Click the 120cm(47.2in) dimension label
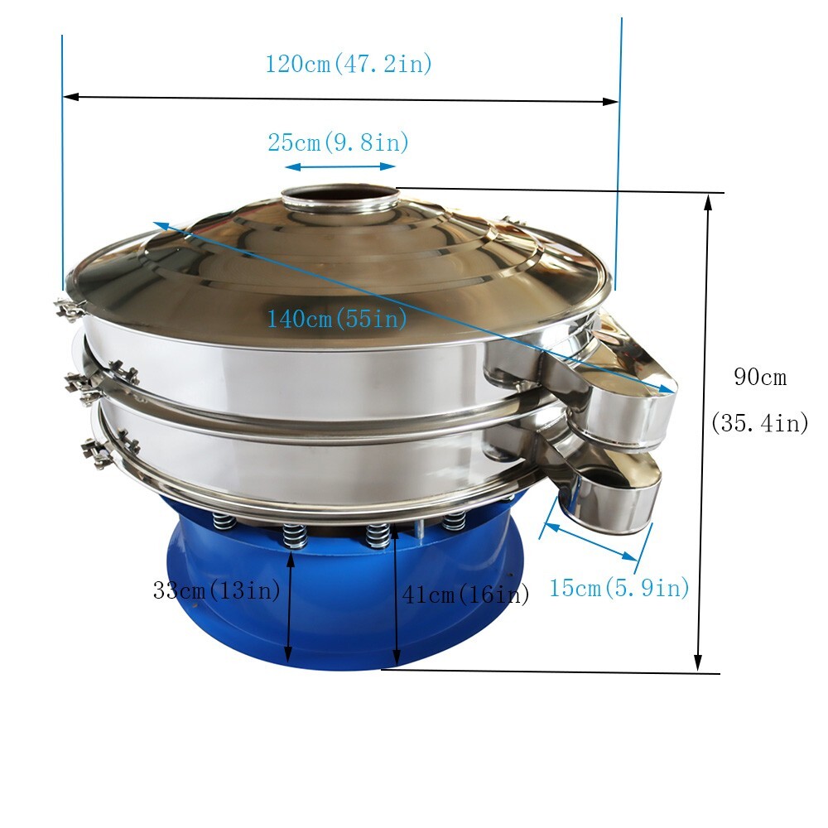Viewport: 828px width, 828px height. [349, 64]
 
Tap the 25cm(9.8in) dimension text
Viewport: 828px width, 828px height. [339, 142]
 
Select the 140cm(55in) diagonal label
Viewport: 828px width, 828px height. [337, 318]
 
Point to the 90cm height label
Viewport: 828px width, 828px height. [760, 378]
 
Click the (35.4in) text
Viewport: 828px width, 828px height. [760, 423]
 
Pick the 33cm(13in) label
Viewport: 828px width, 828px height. [216, 590]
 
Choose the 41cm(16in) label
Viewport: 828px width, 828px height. [465, 594]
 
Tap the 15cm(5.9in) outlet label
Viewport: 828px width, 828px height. [619, 588]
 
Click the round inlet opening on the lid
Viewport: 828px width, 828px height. [340, 200]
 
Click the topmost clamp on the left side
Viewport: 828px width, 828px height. [70, 309]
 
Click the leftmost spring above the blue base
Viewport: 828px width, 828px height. [223, 521]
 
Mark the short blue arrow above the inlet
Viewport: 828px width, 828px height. [340, 166]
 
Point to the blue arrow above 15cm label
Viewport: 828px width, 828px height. [593, 542]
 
